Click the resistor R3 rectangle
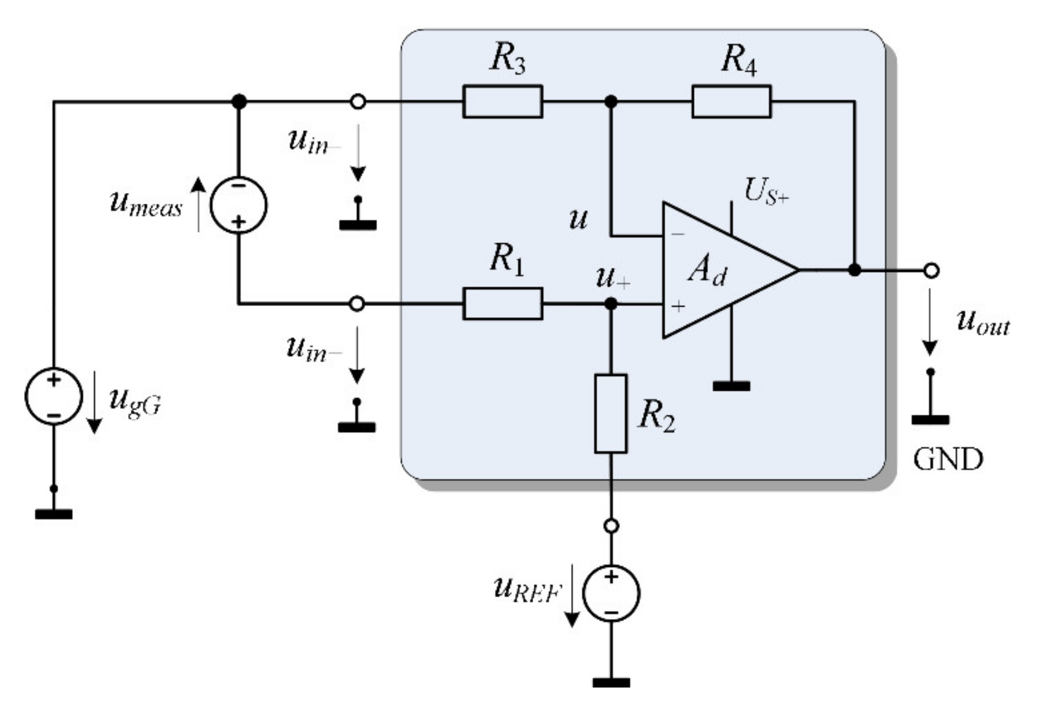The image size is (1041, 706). tap(502, 102)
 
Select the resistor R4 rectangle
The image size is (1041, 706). tap(731, 102)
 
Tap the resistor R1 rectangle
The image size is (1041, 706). tap(502, 304)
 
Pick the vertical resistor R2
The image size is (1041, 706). tap(611, 414)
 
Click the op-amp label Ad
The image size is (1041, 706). tap(707, 270)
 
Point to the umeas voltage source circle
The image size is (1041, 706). tap(239, 205)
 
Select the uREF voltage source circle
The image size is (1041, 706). tap(611, 593)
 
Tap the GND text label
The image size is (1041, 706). tap(948, 460)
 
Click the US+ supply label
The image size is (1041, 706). tap(766, 191)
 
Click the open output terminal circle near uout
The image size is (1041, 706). tap(931, 270)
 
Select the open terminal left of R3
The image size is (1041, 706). tap(358, 102)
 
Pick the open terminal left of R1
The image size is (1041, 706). tap(358, 304)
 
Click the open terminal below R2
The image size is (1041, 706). tap(611, 526)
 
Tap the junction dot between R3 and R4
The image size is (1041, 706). tap(611, 102)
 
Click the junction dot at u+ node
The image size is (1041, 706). tap(611, 304)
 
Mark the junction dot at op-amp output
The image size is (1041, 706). tap(854, 270)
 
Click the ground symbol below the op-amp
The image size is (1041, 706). tap(731, 386)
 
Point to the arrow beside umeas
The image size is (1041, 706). tap(198, 205)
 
